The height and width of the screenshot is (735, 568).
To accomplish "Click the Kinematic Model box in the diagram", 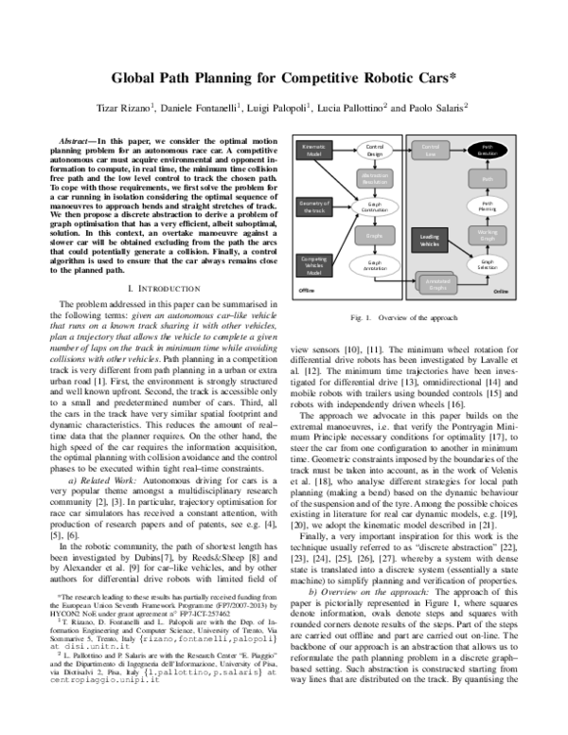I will (313, 150).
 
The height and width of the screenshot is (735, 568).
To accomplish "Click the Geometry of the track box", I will (313, 206).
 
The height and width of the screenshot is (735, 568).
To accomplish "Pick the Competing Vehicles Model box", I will (313, 264).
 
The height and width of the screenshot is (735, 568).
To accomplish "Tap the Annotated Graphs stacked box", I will (436, 282).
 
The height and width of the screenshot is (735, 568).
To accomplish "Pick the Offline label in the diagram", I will (306, 292).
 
